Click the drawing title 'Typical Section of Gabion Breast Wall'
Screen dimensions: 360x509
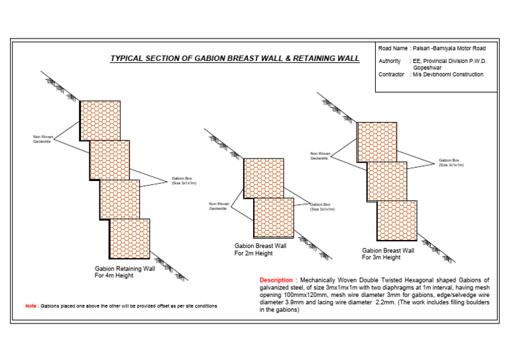(235, 58)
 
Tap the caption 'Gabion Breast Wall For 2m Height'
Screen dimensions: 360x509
(260, 249)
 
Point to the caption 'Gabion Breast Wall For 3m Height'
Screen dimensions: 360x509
(388, 253)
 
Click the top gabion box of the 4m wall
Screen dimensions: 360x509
(100, 120)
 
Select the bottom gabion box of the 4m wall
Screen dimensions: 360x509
(130, 239)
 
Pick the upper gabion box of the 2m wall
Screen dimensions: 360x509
(263, 178)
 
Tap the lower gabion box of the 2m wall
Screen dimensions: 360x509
(273, 218)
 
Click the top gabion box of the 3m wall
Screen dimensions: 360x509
(376, 142)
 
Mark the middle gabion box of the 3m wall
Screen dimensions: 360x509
(386, 181)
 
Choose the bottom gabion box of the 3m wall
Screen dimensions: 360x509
(396, 221)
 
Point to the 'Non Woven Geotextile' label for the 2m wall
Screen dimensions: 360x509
(218, 206)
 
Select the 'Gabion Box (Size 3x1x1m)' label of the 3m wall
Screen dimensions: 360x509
(451, 162)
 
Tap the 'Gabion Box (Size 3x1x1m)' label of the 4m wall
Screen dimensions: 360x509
(184, 180)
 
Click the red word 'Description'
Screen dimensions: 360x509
(275, 280)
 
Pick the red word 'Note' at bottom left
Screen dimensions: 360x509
(31, 306)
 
